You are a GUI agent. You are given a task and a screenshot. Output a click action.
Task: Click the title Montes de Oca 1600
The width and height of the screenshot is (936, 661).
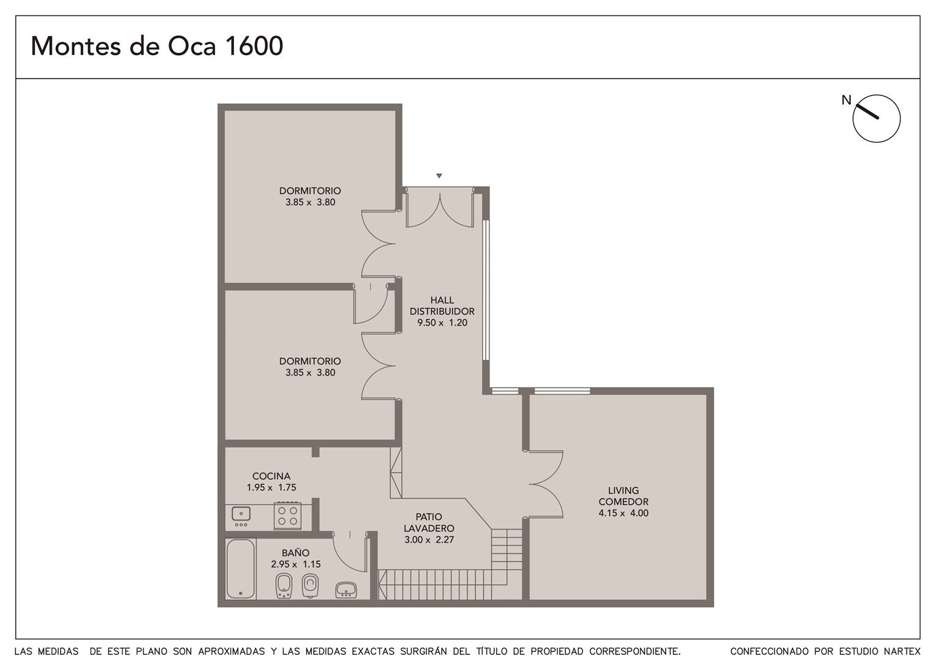pos(157,46)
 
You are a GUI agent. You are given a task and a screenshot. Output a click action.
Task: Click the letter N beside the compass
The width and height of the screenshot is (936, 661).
pos(846,100)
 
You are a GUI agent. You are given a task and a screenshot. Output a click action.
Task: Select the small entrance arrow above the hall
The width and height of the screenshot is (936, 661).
pos(439,176)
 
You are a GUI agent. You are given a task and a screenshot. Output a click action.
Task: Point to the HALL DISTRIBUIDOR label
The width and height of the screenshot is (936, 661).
pos(442,305)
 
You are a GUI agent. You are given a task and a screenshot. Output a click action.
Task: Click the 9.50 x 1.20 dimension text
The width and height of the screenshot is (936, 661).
pos(442,323)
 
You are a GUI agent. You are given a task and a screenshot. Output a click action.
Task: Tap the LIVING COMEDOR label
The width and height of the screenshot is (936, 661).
pos(624,496)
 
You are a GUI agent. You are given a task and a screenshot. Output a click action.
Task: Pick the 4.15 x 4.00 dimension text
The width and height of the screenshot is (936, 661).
pos(624,513)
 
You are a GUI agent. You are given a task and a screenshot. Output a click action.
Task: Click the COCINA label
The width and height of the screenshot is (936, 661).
pos(271,476)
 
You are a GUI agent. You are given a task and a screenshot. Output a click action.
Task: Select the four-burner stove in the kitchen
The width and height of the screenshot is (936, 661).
pos(287,516)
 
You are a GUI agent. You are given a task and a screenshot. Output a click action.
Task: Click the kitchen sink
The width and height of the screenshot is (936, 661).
pos(241,517)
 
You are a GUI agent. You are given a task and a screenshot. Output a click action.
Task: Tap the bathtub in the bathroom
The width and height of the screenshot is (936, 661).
pos(241,569)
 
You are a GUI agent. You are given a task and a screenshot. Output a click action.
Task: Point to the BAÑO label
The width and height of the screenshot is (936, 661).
pos(295,553)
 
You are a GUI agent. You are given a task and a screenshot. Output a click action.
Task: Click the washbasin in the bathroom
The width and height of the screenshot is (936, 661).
pos(346,590)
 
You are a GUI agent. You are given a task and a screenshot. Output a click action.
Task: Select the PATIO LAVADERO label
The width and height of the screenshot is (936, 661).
pos(429,522)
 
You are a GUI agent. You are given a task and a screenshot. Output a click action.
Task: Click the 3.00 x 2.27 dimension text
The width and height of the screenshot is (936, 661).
pos(429,539)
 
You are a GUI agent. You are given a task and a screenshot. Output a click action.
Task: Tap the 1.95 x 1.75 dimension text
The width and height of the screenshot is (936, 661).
pos(271,487)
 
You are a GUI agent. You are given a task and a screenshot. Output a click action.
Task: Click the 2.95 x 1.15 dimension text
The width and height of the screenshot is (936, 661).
pos(295,564)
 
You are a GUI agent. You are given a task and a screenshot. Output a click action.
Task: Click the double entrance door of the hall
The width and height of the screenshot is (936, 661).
pos(440,208)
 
